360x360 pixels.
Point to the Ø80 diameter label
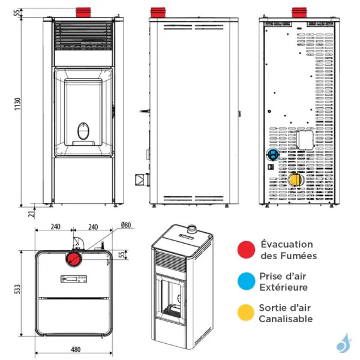125,226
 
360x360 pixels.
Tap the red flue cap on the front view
83,13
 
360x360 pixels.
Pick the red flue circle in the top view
74,259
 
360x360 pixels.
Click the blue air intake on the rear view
272,154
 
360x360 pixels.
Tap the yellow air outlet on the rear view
295,179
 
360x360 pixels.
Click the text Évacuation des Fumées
286,250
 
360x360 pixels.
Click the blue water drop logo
343,343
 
